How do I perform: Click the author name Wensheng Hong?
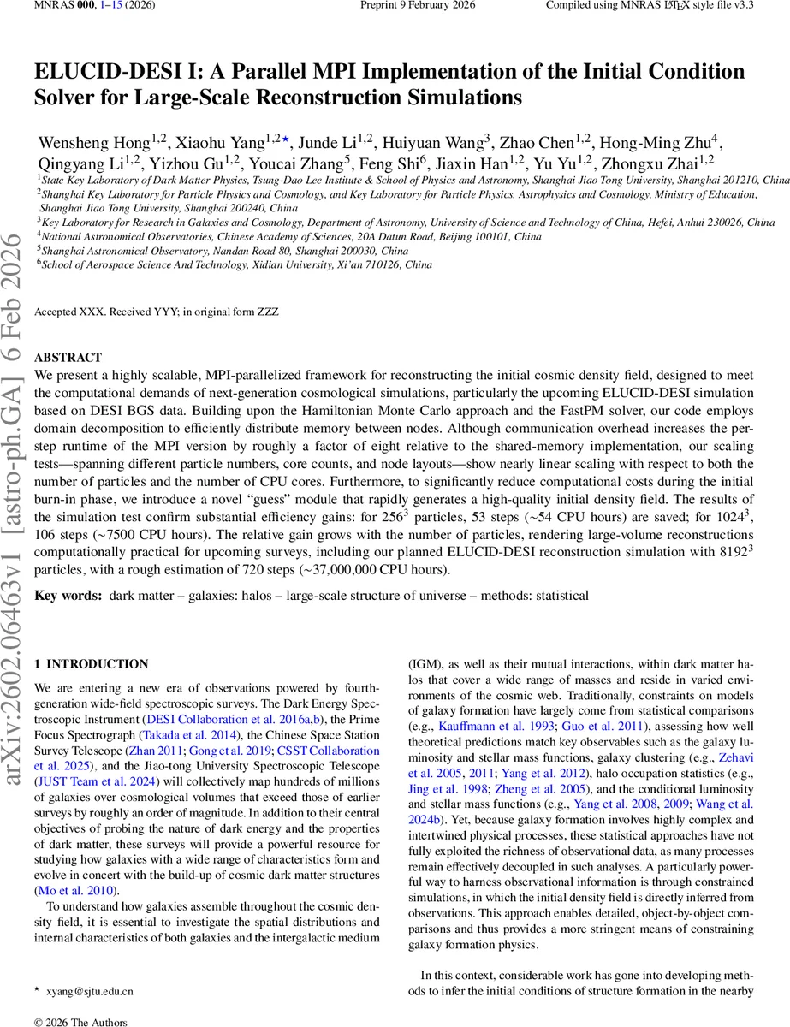tap(93, 140)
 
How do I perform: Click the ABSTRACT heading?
tap(68, 358)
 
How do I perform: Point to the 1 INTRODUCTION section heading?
tap(91, 663)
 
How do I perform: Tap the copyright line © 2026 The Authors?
tap(81, 1021)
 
